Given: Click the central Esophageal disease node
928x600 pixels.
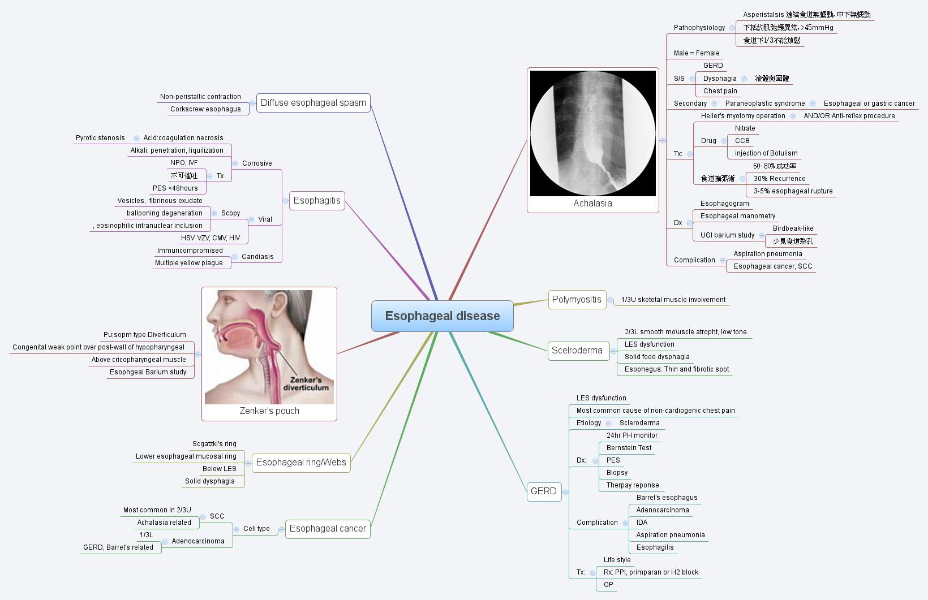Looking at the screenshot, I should point(442,316).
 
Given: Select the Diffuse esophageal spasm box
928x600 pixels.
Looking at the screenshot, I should point(313,103).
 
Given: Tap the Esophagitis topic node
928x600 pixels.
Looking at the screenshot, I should point(317,200).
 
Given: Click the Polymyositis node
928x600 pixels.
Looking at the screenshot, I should point(577,299).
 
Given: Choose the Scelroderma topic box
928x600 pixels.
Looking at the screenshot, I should point(577,350).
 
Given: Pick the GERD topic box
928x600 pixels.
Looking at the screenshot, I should point(543,491).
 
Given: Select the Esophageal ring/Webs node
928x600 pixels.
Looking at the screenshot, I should point(300,462).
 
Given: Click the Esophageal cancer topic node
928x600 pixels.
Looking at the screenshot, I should point(328,528).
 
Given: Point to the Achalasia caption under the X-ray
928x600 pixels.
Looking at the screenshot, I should point(592,203).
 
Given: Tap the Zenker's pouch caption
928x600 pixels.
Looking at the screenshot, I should point(269,411).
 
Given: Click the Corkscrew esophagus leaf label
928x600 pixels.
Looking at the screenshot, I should point(205,109).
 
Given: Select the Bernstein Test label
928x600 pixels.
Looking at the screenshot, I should point(629,448).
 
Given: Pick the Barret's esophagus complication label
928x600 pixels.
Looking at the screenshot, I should point(667,498).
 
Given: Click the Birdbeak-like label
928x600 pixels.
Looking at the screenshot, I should point(793,228).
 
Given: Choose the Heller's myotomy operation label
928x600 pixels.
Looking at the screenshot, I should point(742,116).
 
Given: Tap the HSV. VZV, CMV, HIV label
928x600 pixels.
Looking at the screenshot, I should point(210,238).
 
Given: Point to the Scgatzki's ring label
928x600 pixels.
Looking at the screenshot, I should point(214,444).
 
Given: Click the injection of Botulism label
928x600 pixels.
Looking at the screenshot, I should point(766,153).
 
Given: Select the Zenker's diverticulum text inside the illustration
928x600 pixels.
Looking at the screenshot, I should point(306,383).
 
